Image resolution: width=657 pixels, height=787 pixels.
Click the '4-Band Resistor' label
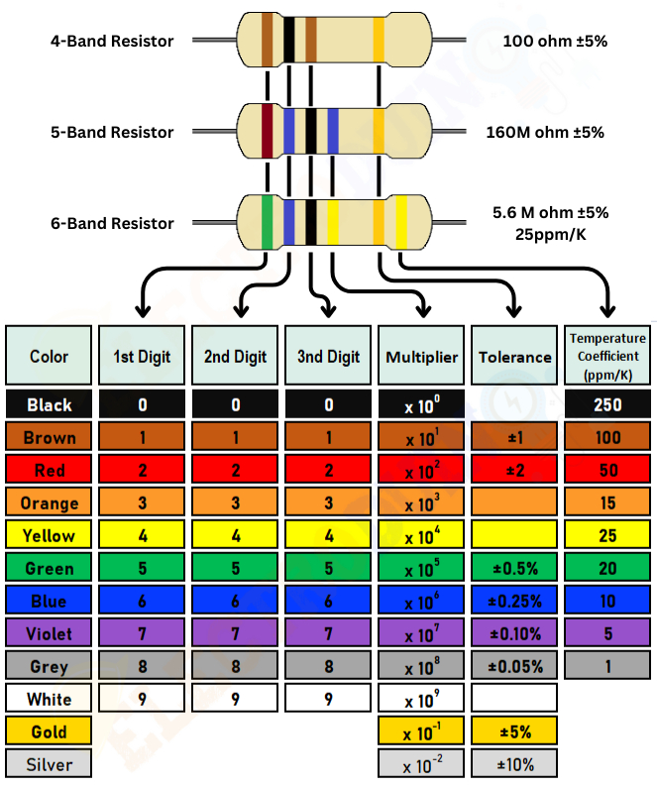(x=112, y=42)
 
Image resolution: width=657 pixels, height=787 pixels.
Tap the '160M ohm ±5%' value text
(x=546, y=132)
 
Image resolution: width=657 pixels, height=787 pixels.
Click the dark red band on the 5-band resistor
(x=267, y=131)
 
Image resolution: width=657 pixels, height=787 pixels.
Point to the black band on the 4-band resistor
(x=289, y=40)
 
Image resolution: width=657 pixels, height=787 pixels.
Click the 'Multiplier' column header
(x=422, y=356)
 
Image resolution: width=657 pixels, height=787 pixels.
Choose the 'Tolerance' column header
(x=514, y=356)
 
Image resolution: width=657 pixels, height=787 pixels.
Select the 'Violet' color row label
(x=50, y=633)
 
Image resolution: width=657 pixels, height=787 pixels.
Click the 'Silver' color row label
(x=50, y=764)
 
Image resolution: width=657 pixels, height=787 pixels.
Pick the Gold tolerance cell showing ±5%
(x=514, y=731)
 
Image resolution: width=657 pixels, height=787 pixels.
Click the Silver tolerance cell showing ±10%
(x=514, y=764)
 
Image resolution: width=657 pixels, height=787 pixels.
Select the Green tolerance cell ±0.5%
(x=514, y=568)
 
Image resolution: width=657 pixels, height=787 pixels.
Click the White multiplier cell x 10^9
(x=422, y=699)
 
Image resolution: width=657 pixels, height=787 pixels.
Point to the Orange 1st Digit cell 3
(x=143, y=503)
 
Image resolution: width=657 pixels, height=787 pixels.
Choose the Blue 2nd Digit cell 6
(x=235, y=601)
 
